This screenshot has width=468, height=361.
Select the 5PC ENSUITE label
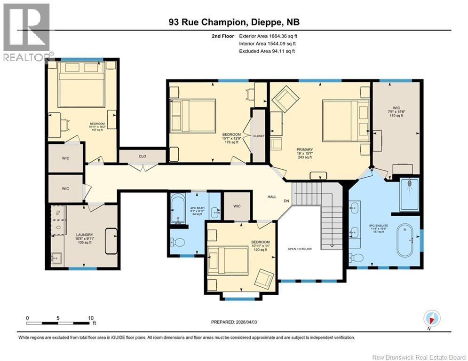pos(378,226)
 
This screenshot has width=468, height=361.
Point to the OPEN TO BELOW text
pos(300,249)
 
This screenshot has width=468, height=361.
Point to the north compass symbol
pos(430,318)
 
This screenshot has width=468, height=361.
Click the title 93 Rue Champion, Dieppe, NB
pos(234,22)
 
